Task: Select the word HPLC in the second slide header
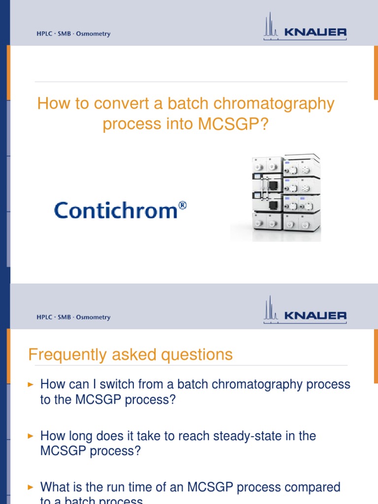tap(44, 317)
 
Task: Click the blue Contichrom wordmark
tap(116, 211)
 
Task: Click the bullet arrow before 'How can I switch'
tap(31, 384)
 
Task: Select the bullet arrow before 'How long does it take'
tap(31, 436)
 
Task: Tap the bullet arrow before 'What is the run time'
tap(31, 488)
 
